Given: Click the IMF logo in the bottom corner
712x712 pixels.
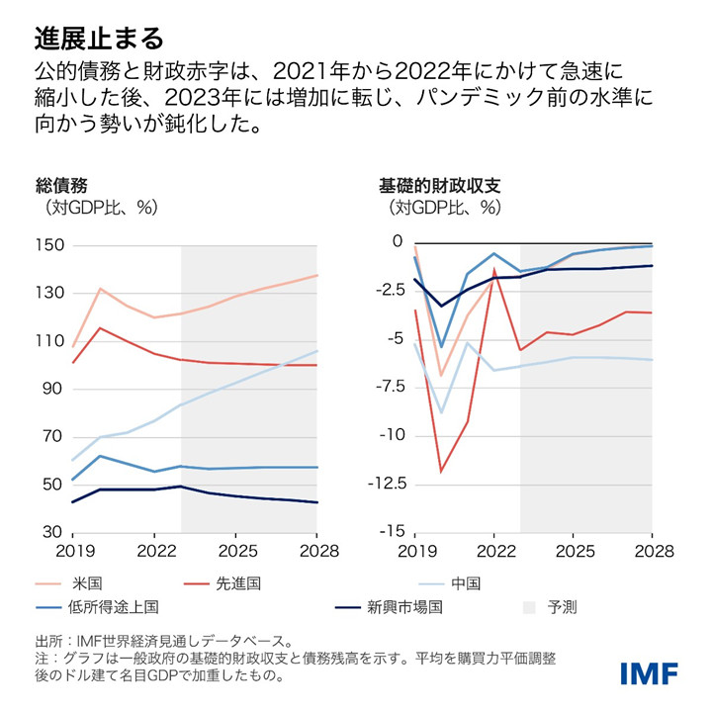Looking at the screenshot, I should click(x=650, y=674).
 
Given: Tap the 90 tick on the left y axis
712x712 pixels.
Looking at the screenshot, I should click(x=51, y=390).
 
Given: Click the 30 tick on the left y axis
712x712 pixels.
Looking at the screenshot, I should click(x=51, y=533).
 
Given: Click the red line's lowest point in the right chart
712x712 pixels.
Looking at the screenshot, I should click(x=441, y=472).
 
